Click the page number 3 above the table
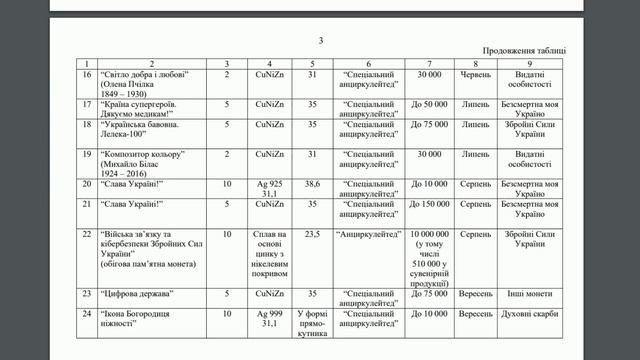tap(321, 40)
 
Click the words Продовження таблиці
tap(524, 49)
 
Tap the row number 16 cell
tap(87, 76)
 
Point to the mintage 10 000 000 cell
tap(427, 233)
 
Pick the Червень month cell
tap(476, 75)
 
